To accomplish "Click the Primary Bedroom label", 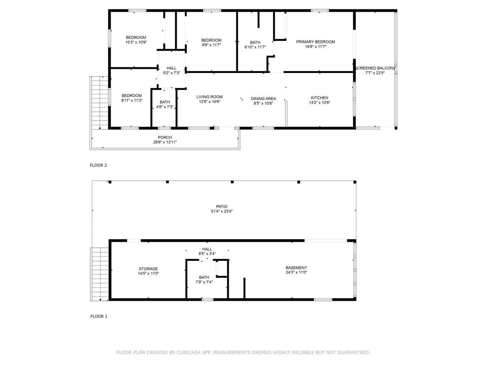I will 315,42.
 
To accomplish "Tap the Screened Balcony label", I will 375,68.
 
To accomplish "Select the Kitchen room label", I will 319,98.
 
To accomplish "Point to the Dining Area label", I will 263,98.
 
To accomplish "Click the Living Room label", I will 209,97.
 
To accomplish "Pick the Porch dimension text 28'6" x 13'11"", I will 165,142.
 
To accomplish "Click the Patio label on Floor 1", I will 221,206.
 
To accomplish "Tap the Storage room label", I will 148,269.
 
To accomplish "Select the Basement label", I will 296,268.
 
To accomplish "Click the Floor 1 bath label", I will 204,277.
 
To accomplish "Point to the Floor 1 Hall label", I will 207,249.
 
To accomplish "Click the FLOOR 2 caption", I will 98,165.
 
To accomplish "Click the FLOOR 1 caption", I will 99,316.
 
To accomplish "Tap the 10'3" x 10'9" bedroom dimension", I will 136,42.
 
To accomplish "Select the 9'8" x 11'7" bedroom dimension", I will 211,45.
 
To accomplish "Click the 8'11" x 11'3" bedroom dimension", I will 132,100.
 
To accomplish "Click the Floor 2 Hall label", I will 172,68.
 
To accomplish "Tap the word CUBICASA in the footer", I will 189,352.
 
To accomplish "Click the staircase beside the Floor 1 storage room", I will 100,274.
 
